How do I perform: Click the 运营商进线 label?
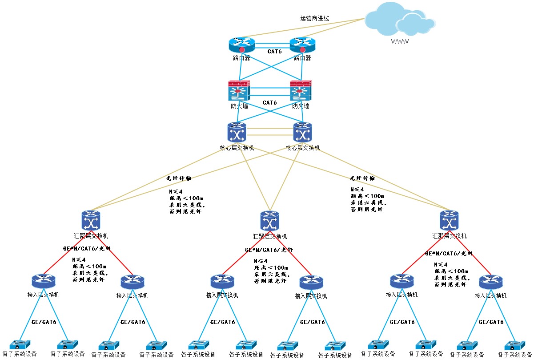pyautogui.click(x=314, y=18)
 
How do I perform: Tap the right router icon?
pyautogui.click(x=302, y=44)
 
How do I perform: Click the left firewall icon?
pyautogui.click(x=239, y=91)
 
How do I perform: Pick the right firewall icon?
pyautogui.click(x=301, y=91)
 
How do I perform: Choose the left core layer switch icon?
pyautogui.click(x=237, y=133)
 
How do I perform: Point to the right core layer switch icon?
pyautogui.click(x=303, y=133)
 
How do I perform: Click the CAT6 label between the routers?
pyautogui.click(x=275, y=52)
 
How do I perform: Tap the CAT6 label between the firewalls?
pyautogui.click(x=269, y=103)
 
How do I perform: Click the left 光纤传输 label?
pyautogui.click(x=179, y=178)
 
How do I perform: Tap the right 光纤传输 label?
pyautogui.click(x=362, y=178)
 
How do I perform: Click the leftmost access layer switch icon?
pyautogui.click(x=44, y=281)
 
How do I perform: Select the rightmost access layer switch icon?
pyautogui.click(x=491, y=282)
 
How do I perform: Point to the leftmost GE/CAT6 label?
pyautogui.click(x=44, y=322)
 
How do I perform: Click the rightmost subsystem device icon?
pyautogui.click(x=514, y=345)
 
